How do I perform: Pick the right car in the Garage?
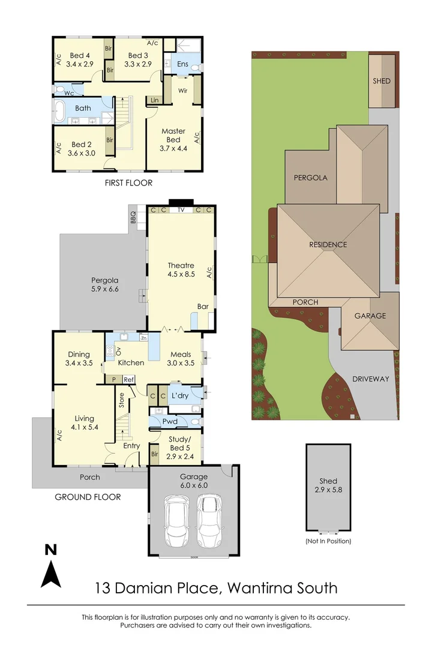coord(209,517)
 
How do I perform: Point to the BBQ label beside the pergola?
coord(133,216)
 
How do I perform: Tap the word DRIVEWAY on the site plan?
coord(370,379)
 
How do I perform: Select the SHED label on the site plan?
coord(382,81)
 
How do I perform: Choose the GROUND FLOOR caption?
coord(88,497)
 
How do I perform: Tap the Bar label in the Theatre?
coord(203,307)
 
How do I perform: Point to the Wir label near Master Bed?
coord(183,91)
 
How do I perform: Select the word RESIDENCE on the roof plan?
coord(328,244)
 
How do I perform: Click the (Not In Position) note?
coord(328,541)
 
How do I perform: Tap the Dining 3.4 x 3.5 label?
coord(79,358)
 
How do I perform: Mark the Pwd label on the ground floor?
coord(170,422)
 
